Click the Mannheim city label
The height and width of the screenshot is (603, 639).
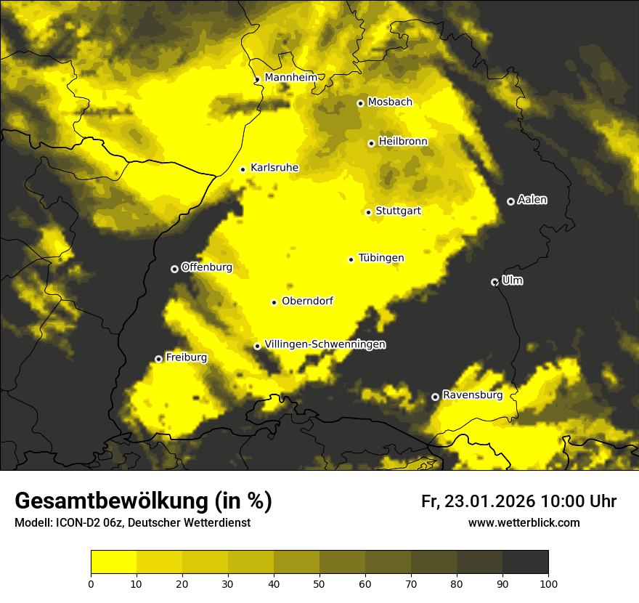(x=290, y=78)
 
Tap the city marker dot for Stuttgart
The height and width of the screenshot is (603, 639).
(x=368, y=212)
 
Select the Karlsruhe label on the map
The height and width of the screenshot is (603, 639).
(x=274, y=168)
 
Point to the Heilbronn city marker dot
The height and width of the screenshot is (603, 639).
(x=371, y=143)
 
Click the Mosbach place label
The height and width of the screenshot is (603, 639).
(x=390, y=102)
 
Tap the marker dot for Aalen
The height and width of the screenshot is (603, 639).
(x=510, y=201)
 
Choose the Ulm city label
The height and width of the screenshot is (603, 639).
(x=512, y=280)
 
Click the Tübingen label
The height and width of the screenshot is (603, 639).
(x=381, y=258)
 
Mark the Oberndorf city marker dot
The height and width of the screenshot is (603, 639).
(x=274, y=302)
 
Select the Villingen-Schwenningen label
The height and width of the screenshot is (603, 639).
(x=325, y=344)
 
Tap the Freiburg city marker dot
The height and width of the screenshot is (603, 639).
(x=158, y=359)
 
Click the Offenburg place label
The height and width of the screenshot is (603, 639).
(x=207, y=267)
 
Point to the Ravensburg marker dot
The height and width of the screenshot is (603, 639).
(x=435, y=397)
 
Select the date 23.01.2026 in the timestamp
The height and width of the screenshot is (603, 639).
(x=489, y=501)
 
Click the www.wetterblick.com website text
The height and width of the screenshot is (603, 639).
(x=524, y=522)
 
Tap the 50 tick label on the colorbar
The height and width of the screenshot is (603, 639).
(x=319, y=583)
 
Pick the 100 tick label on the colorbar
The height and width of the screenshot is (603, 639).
(x=548, y=583)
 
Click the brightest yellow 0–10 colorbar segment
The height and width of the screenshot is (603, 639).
(x=113, y=562)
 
